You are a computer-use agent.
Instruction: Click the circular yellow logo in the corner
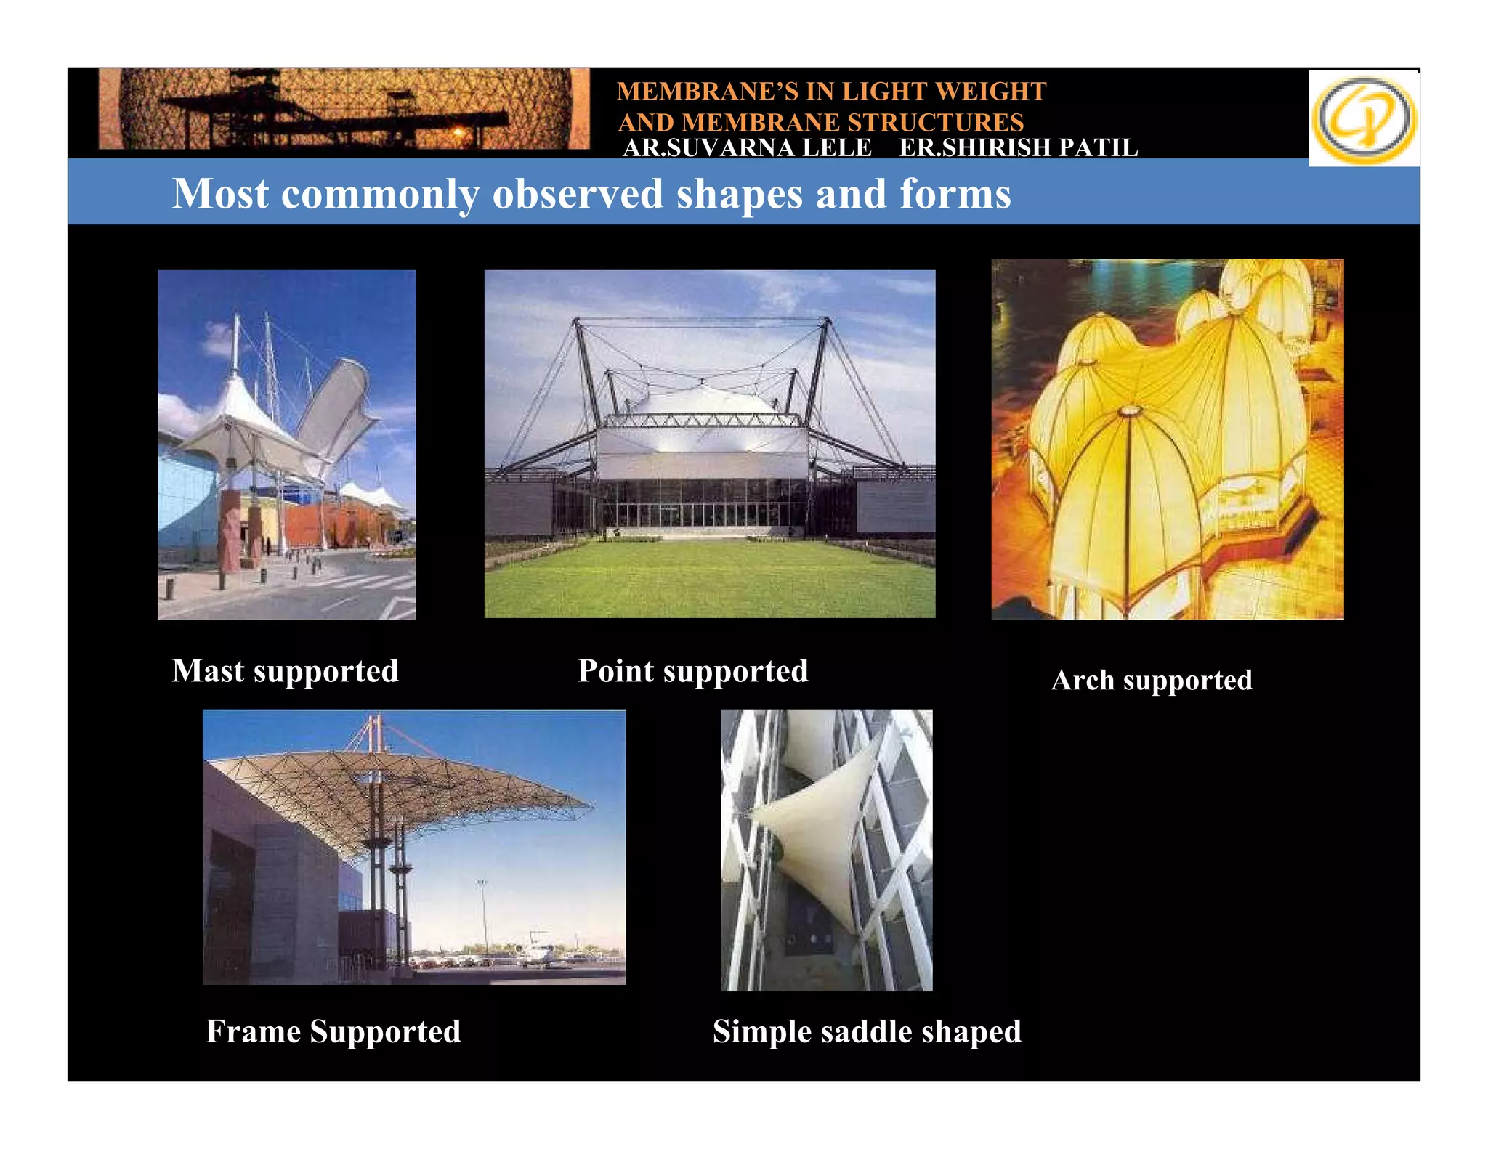pyautogui.click(x=1364, y=118)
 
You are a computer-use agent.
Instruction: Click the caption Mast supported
pyautogui.click(x=285, y=671)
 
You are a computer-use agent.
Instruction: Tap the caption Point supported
pyautogui.click(x=692, y=671)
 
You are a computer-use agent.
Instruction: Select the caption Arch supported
pyautogui.click(x=1152, y=681)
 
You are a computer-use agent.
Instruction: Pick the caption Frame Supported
pyautogui.click(x=333, y=1031)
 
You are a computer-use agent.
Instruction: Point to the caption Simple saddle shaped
pyautogui.click(x=866, y=1031)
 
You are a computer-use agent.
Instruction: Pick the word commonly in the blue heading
pyautogui.click(x=380, y=195)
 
